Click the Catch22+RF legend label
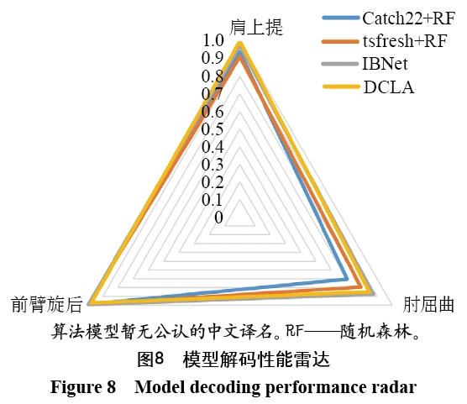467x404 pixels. [408, 18]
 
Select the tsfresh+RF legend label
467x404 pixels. [405, 41]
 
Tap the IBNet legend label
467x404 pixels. [385, 64]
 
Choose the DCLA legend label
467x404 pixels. [389, 87]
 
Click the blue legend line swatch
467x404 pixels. [341, 18]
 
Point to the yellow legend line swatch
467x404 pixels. [341, 87]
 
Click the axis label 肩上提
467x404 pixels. [256, 27]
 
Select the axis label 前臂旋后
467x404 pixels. [47, 305]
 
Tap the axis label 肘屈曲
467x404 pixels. [428, 305]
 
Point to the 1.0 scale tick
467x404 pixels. [213, 40]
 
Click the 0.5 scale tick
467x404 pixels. [212, 129]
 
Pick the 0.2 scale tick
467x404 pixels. [212, 182]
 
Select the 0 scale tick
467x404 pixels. [218, 218]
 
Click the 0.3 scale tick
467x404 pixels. [212, 165]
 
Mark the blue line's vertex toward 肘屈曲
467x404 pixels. [346, 279]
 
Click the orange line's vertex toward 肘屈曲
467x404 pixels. [360, 286]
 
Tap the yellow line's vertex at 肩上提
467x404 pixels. [239, 44]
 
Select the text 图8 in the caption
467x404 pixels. [150, 359]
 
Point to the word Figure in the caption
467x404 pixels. [75, 387]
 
